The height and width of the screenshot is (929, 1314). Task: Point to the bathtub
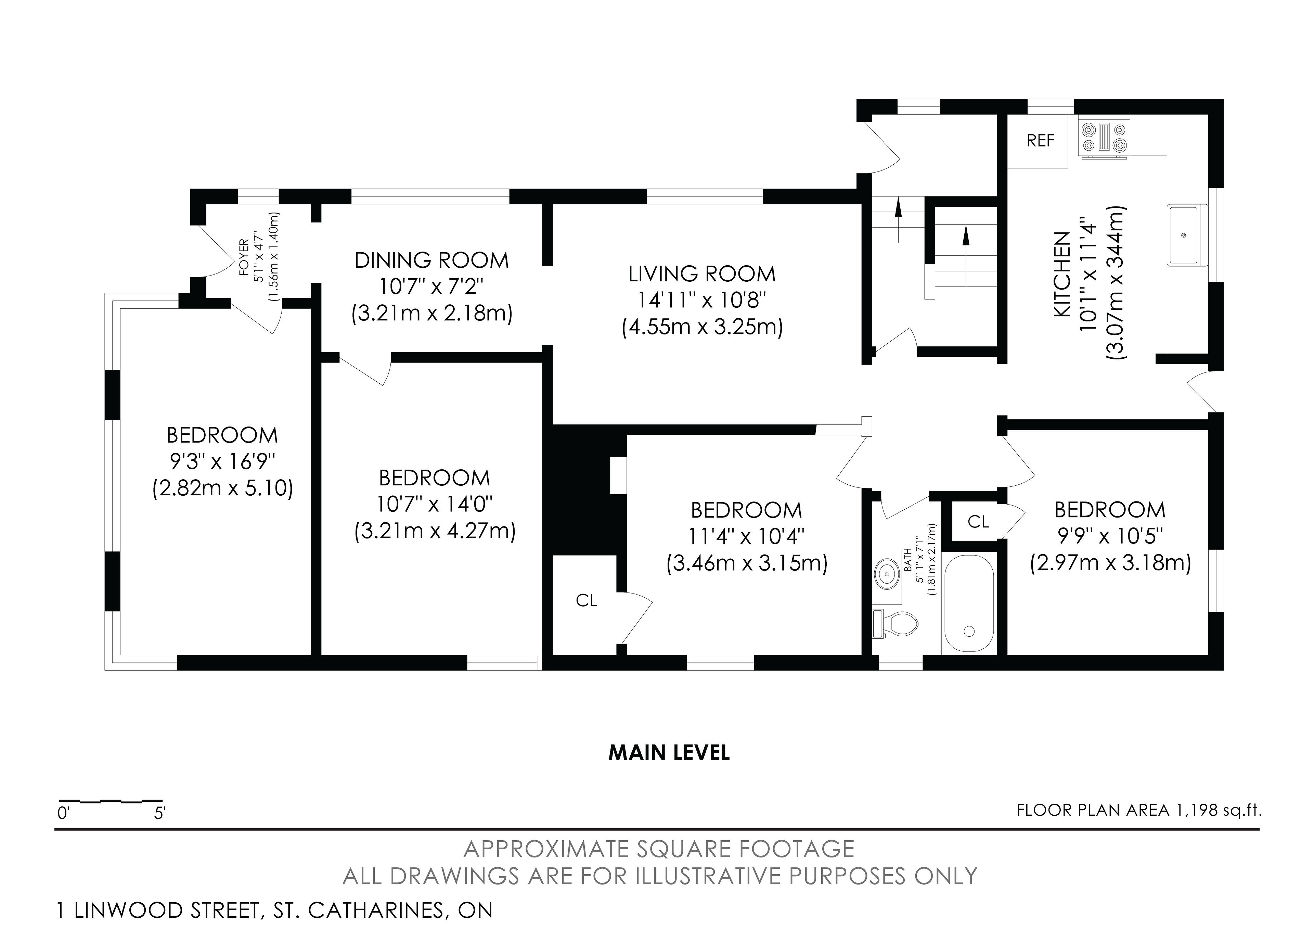(x=969, y=603)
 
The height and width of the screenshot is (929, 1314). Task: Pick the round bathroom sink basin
(x=887, y=571)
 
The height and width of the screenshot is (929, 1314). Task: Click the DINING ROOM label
(x=431, y=260)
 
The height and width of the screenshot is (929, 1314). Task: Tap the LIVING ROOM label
(x=702, y=274)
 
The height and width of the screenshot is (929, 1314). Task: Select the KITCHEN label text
(x=1061, y=274)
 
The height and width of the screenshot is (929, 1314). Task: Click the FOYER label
(x=244, y=257)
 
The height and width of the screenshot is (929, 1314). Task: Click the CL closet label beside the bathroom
(x=978, y=521)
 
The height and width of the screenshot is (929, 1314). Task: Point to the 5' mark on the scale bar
(x=160, y=813)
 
